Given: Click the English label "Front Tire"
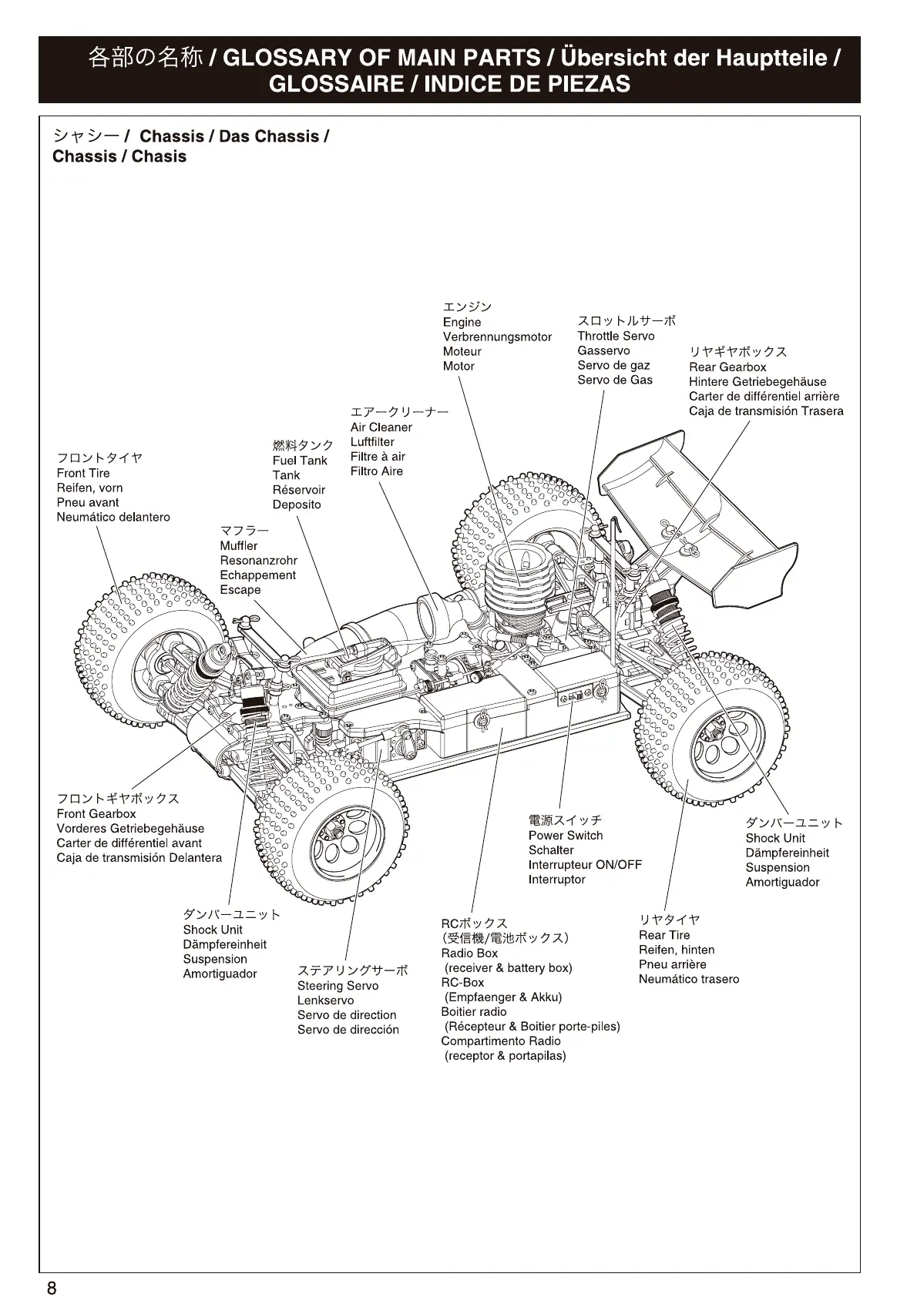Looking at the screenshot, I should click(83, 473).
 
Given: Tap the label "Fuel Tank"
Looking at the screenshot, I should click(300, 461).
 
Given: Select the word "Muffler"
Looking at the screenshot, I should click(239, 546).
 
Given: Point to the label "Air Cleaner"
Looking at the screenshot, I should click(381, 427).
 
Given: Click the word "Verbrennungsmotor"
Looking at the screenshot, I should click(497, 337).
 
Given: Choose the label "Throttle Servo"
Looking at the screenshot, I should click(616, 336).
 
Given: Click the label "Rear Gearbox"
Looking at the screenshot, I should click(727, 367).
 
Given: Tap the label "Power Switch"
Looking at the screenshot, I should click(566, 836).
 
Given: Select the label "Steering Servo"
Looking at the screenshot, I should click(338, 986).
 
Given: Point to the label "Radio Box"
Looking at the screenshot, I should click(469, 953).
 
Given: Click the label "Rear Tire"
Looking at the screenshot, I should click(664, 935).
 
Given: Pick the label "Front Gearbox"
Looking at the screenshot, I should click(96, 814).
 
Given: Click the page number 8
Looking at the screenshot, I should click(52, 1288).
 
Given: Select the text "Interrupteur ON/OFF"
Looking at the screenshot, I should click(585, 865).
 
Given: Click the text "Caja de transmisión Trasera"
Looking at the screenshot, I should click(766, 411).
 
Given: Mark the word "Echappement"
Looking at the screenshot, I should click(257, 575).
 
